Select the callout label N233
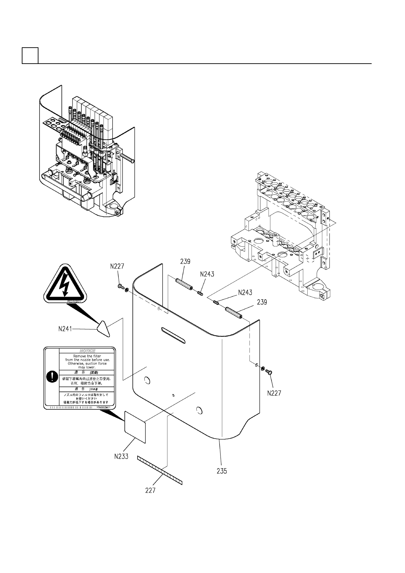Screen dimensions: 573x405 121,456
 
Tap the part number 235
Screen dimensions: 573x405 222,471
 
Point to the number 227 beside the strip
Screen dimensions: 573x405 150,490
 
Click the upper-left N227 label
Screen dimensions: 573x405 117,267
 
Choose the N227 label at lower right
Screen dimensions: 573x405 274,393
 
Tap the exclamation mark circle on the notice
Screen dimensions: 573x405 51,377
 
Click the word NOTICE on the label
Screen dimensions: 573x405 87,351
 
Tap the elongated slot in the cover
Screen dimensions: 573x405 173,335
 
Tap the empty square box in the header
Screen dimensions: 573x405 30,55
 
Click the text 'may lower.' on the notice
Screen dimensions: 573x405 87,367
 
